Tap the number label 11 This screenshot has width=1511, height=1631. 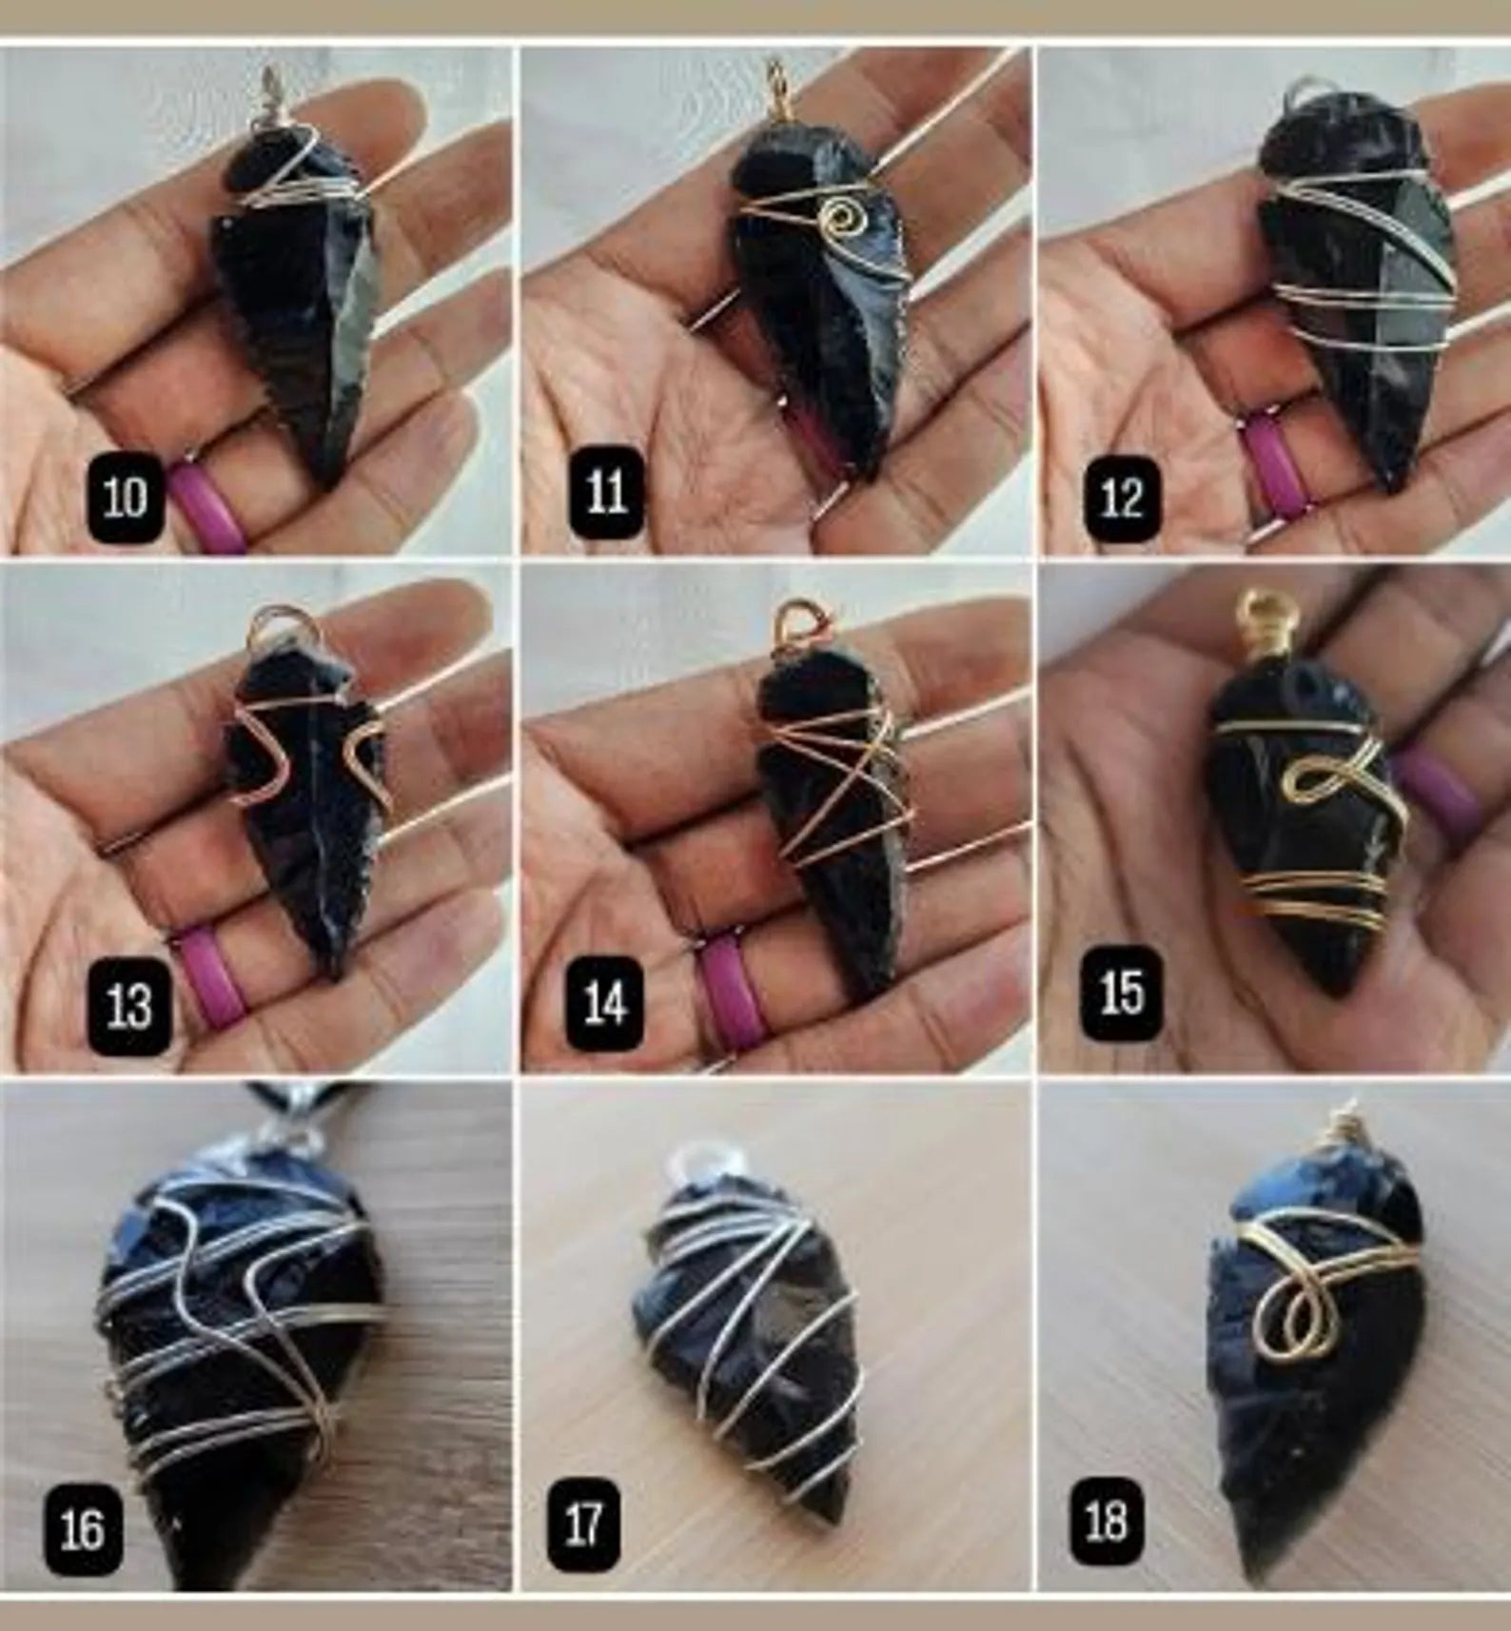click(x=605, y=493)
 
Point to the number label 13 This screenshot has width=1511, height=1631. click(x=128, y=1006)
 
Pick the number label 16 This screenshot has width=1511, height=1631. click(x=83, y=1528)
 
